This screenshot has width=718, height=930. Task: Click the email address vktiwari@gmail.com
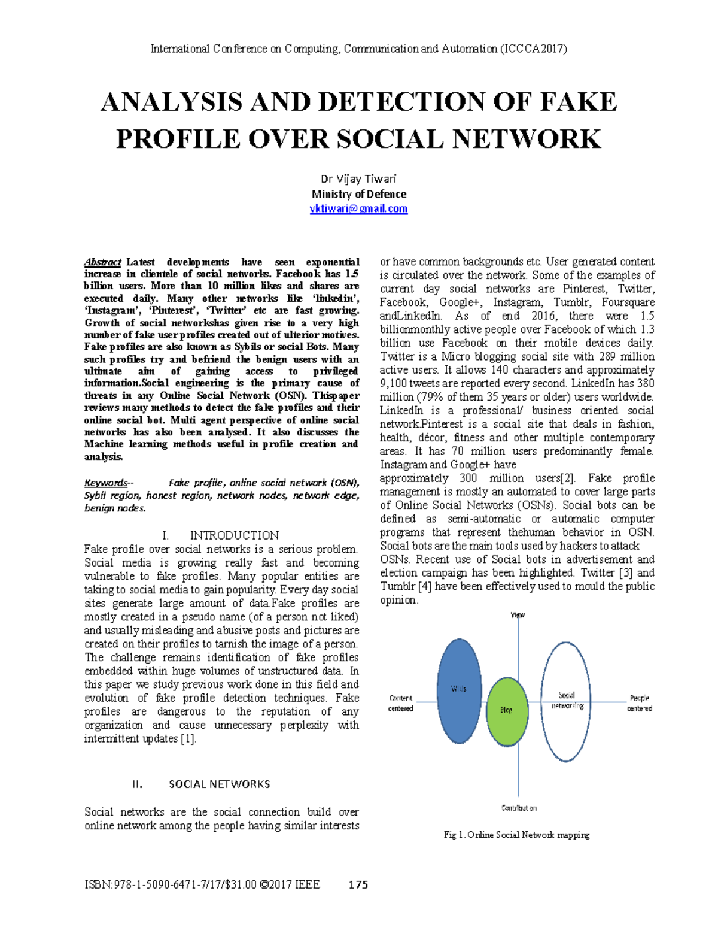(358, 209)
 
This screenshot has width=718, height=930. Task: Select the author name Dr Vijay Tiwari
(358, 179)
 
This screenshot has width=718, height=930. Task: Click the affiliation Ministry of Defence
(358, 194)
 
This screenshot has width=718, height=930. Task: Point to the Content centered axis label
(401, 703)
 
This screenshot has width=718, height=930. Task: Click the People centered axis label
(639, 703)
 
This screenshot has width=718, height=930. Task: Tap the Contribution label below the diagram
(519, 808)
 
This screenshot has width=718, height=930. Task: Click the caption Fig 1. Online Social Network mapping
(516, 835)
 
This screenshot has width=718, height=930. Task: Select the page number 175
(358, 885)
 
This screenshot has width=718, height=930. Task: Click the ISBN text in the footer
(202, 885)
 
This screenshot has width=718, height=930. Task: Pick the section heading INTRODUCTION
(234, 535)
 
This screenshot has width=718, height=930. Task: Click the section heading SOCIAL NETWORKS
(219, 784)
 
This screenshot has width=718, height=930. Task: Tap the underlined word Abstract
(102, 262)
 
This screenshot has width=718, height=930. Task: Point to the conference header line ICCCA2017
(358, 49)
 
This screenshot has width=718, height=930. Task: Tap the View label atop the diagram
(518, 615)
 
